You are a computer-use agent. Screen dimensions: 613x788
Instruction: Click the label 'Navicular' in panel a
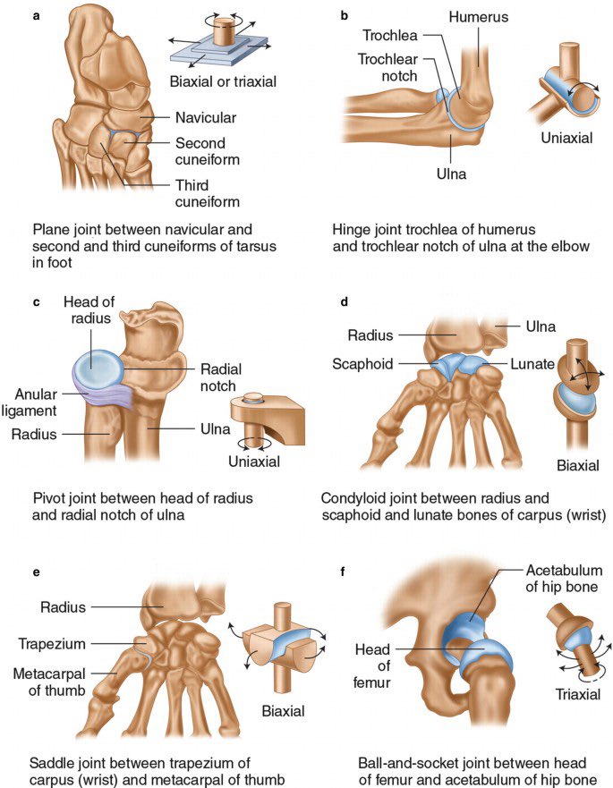[x=206, y=116]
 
